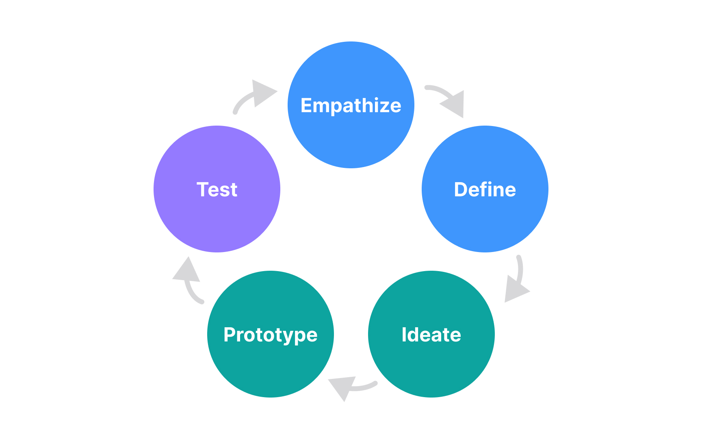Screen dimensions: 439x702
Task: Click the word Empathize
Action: [351, 106]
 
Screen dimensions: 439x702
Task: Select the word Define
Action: [485, 190]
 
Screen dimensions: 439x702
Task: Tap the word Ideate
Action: [431, 335]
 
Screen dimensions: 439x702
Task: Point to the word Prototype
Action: [270, 335]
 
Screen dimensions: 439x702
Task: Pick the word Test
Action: [217, 190]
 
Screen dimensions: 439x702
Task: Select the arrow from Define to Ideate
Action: [517, 280]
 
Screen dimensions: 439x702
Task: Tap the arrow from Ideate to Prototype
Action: [351, 386]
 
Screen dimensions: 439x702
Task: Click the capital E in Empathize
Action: [306, 105]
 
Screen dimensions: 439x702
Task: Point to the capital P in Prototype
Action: [230, 335]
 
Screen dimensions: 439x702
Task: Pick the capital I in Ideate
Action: [404, 335]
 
